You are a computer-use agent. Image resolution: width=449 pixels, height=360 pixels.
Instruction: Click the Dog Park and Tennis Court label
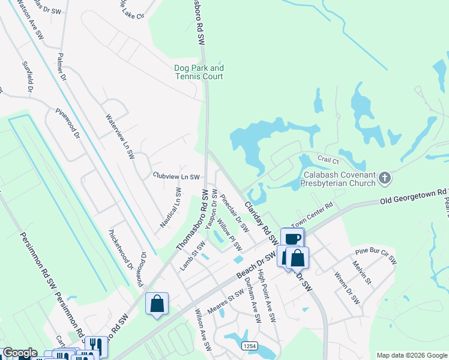click(199, 73)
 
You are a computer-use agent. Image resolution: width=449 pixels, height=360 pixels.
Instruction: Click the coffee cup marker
click(292, 239)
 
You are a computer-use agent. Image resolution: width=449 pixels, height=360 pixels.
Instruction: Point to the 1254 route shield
click(250, 346)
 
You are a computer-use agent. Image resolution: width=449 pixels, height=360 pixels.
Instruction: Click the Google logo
click(20, 353)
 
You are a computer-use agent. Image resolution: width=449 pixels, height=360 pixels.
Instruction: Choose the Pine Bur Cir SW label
click(376, 255)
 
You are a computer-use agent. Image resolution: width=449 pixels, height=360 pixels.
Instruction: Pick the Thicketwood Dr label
click(121, 248)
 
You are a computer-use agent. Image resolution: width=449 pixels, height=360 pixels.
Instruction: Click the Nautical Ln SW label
click(170, 207)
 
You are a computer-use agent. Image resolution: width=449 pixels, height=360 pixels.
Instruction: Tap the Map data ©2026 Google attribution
click(412, 355)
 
